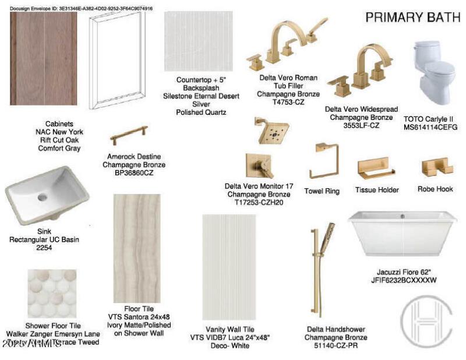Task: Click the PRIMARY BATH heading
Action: [x=412, y=18]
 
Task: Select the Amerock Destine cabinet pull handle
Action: [x=129, y=136]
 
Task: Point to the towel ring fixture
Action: [x=323, y=161]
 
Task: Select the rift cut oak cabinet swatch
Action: [x=44, y=59]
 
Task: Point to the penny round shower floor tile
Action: [x=52, y=293]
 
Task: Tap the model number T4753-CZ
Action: [x=288, y=101]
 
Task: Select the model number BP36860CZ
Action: [x=134, y=173]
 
